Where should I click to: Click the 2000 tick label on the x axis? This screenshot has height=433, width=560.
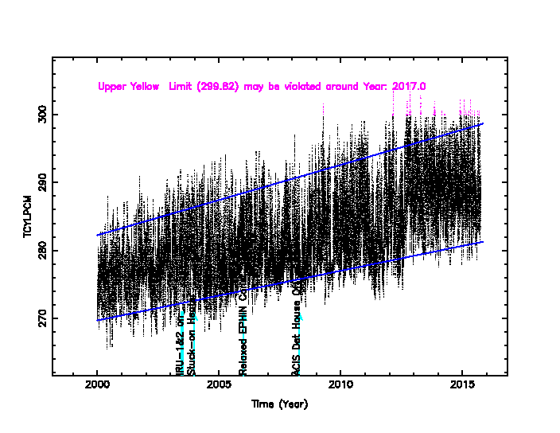[97, 387]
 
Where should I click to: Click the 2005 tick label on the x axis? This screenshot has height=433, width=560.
[219, 387]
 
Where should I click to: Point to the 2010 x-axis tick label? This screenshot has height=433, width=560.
[340, 387]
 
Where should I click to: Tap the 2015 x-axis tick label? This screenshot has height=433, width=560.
[462, 387]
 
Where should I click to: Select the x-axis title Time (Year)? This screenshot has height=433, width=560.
[279, 404]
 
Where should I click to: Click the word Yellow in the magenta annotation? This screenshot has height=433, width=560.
[145, 86]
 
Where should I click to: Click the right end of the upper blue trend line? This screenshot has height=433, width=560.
[483, 123]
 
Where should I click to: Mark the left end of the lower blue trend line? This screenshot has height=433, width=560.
[97, 321]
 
